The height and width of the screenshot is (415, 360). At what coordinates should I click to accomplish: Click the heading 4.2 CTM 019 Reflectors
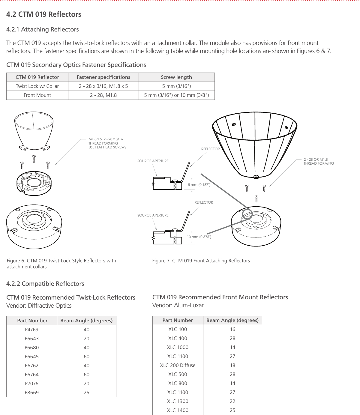[44, 14]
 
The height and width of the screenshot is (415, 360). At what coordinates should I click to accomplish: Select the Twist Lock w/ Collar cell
[37, 86]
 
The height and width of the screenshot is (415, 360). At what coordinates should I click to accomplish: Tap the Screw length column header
[176, 77]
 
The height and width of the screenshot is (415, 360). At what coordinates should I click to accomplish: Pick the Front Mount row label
[37, 95]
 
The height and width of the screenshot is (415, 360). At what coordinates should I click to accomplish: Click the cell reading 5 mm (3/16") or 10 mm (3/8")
[176, 95]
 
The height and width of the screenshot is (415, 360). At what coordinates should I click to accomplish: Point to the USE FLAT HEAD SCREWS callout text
[107, 147]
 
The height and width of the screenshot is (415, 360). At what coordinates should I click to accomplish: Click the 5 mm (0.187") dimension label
[199, 185]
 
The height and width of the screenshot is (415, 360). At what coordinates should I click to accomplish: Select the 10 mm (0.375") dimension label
[199, 237]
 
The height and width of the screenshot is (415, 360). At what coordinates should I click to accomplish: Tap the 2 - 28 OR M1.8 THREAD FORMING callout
[319, 161]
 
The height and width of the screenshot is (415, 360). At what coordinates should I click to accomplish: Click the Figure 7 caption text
[201, 261]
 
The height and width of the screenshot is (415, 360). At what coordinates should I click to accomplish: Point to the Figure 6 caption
[61, 263]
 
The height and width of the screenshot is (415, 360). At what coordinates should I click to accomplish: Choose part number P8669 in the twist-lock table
[31, 393]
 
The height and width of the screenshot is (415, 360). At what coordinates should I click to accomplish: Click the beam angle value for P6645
[86, 357]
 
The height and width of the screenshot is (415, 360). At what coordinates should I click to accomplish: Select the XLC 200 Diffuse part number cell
[178, 365]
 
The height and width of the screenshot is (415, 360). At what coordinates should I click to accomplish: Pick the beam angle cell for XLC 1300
[232, 401]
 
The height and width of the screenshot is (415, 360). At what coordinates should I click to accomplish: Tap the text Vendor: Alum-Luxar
[178, 306]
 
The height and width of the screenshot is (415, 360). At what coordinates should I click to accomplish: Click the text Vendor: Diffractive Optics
[39, 306]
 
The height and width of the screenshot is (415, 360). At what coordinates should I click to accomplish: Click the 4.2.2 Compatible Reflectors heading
[45, 284]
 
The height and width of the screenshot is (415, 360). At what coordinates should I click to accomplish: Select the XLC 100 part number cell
[178, 329]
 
